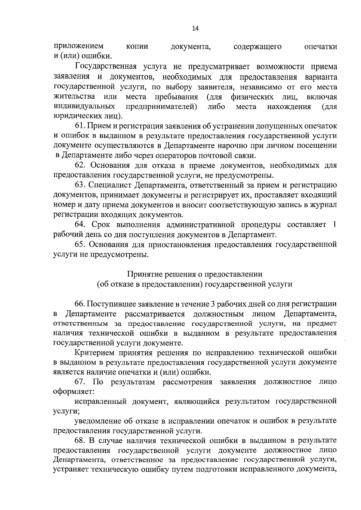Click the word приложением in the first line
tap(79, 47)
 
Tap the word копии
tap(137, 47)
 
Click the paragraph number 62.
tap(80, 165)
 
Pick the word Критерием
tap(96, 353)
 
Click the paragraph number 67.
tap(80, 382)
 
